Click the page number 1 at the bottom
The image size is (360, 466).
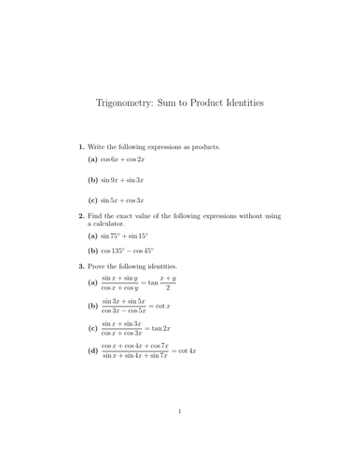179,437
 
